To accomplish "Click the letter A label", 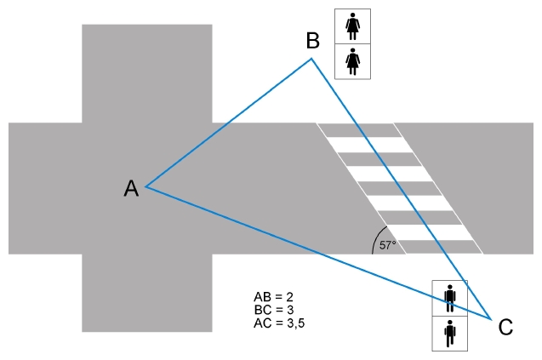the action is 131,188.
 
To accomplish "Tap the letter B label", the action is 313,41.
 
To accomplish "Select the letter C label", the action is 505,327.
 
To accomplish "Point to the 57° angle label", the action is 387,245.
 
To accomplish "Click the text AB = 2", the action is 273,297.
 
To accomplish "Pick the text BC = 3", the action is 274,310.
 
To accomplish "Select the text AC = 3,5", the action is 279,323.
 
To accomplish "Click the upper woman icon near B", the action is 352,26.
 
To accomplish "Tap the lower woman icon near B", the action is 352,61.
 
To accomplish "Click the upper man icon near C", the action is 450,298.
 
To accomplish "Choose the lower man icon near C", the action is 450,334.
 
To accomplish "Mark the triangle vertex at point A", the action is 145,186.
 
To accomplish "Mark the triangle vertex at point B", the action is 311,59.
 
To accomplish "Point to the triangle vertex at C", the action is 491,319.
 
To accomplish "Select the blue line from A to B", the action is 228,123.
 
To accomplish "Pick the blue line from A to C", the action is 318,253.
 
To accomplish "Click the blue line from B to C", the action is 401,189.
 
